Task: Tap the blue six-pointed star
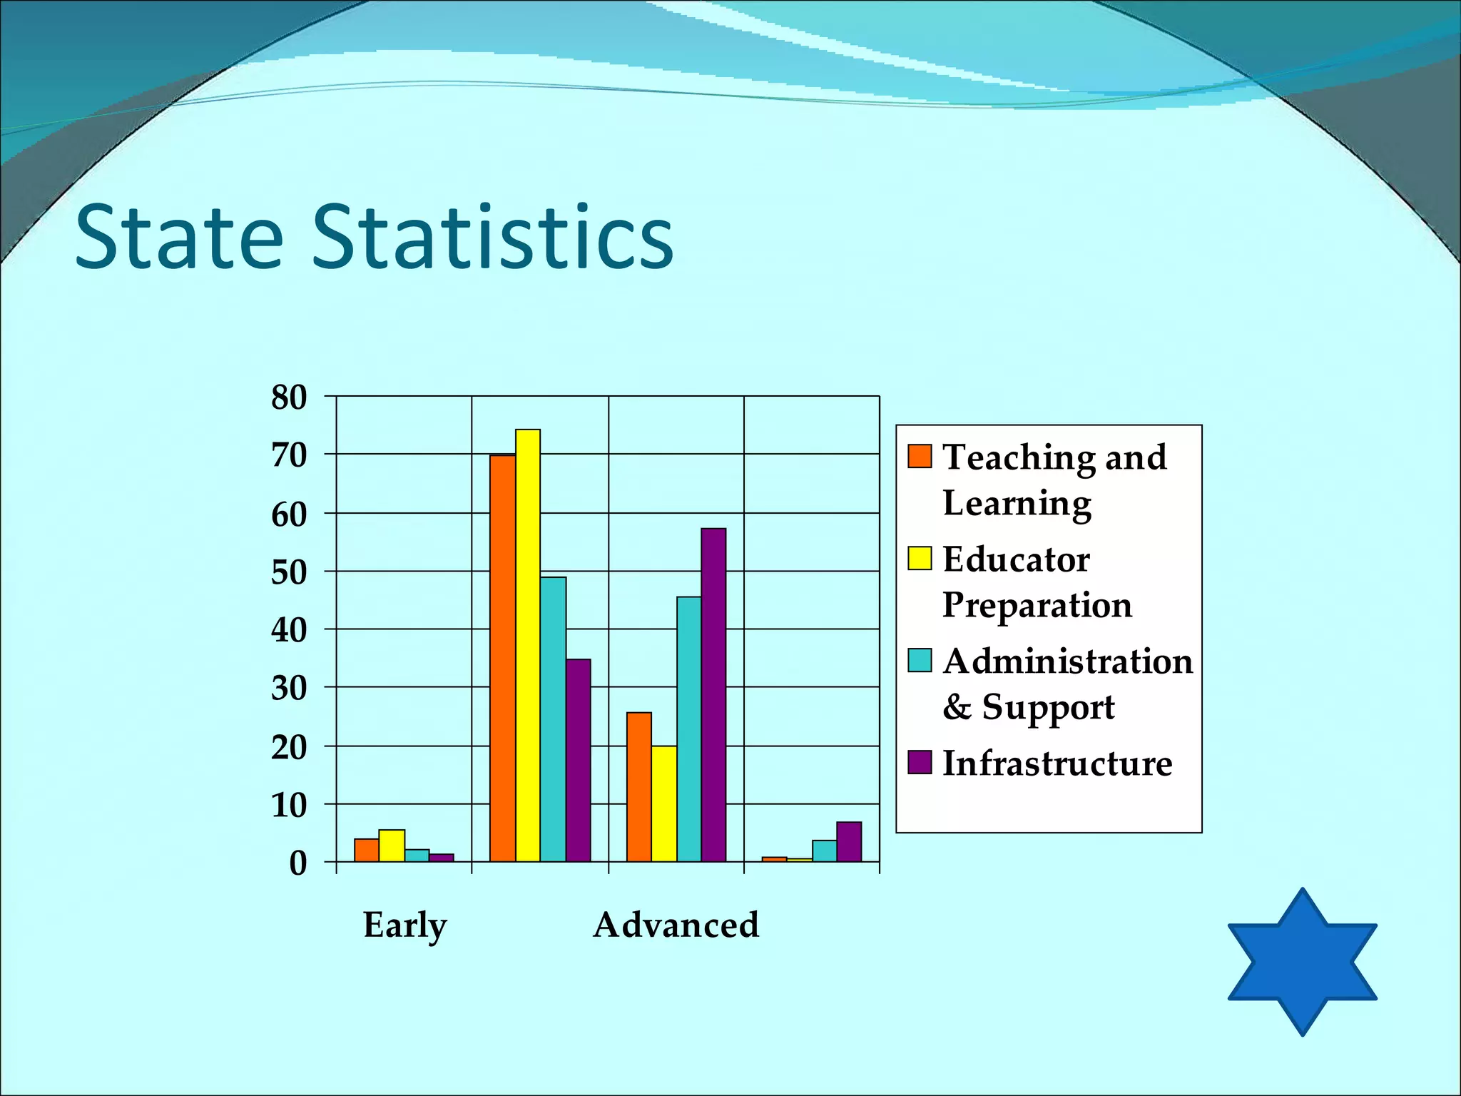(x=1302, y=962)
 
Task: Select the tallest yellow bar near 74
(x=528, y=646)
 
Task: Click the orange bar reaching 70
(x=502, y=658)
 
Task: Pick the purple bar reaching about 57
(x=713, y=695)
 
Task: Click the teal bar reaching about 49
(x=553, y=719)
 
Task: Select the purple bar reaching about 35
(x=578, y=761)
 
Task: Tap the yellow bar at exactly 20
(x=664, y=804)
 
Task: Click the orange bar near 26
(x=638, y=787)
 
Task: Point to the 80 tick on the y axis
(x=289, y=397)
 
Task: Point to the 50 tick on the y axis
(x=289, y=572)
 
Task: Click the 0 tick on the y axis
(x=297, y=863)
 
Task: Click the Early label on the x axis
(x=404, y=925)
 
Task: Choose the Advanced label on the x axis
(x=676, y=925)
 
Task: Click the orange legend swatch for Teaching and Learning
(x=920, y=456)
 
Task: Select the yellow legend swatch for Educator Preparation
(x=920, y=558)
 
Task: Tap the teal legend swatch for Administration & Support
(x=920, y=660)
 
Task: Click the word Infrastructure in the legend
(x=1057, y=763)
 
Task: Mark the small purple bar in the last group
(x=849, y=842)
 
